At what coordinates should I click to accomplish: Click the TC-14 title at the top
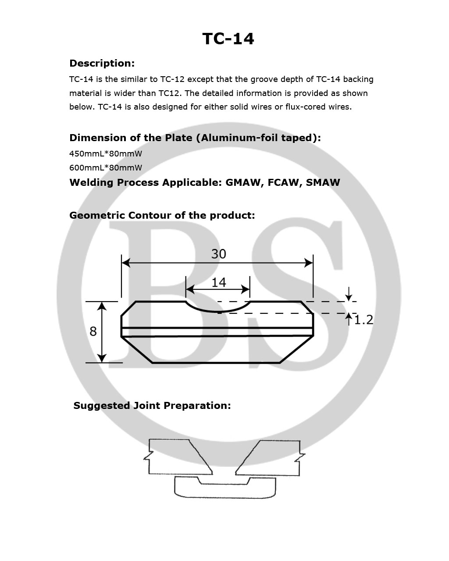click(x=228, y=39)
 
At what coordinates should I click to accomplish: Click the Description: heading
click(x=102, y=64)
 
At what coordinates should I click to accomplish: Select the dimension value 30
click(x=218, y=254)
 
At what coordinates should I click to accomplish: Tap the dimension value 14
click(x=218, y=282)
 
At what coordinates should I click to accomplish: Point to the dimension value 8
click(x=93, y=331)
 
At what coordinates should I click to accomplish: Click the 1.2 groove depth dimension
click(x=363, y=320)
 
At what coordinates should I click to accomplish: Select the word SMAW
click(x=323, y=183)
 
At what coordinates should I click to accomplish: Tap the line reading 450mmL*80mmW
click(x=106, y=154)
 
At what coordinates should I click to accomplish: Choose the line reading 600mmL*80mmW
click(x=106, y=168)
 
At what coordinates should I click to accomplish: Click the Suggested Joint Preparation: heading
click(x=152, y=406)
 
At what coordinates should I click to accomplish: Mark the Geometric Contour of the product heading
click(x=162, y=216)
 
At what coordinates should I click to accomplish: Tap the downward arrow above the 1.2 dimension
click(x=349, y=294)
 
